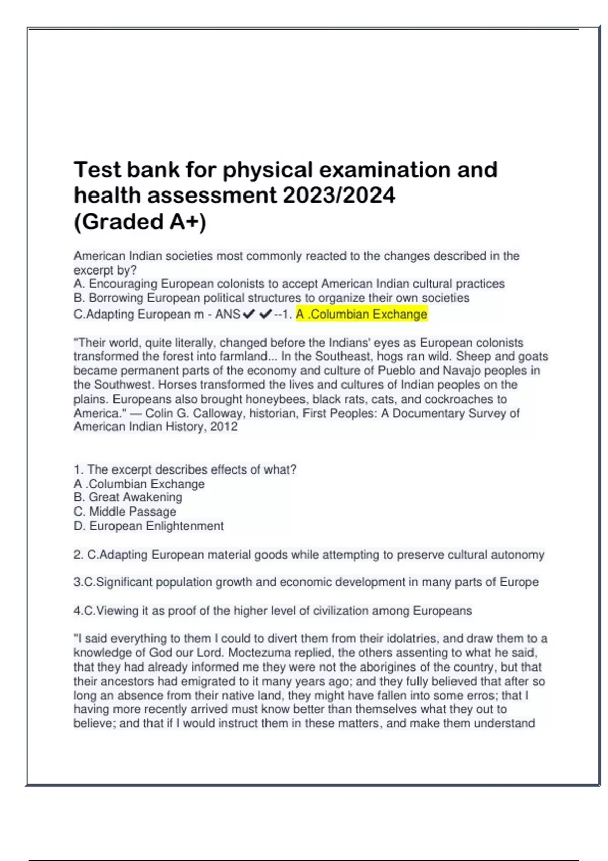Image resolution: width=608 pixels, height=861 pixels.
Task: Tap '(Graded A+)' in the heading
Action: click(140, 222)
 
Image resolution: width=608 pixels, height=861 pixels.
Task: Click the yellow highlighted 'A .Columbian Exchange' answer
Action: click(362, 315)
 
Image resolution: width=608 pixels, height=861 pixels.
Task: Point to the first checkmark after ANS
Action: click(249, 315)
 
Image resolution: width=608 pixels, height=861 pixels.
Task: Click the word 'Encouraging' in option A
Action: click(123, 284)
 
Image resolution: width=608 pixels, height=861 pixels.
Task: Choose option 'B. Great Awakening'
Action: click(128, 497)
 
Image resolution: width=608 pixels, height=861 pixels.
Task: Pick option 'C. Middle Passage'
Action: click(125, 512)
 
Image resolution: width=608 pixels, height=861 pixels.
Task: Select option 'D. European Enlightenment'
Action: click(149, 526)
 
